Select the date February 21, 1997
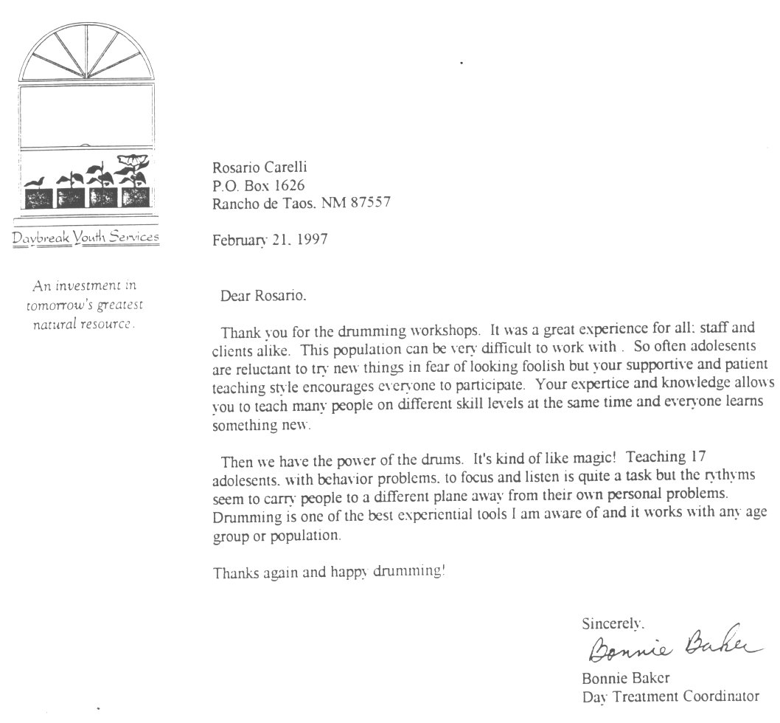pos(270,240)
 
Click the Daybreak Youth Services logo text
pos(85,237)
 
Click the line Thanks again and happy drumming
pos(329,572)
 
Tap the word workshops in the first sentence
pos(416,329)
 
